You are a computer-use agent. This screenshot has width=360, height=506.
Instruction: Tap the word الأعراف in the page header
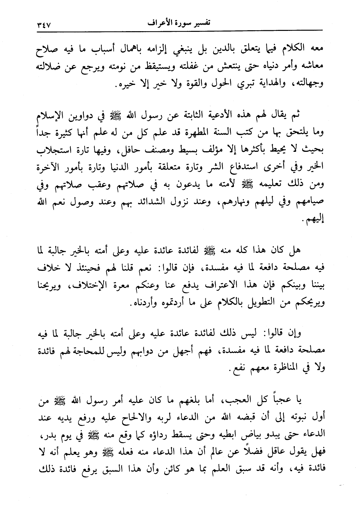click(x=160, y=23)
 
